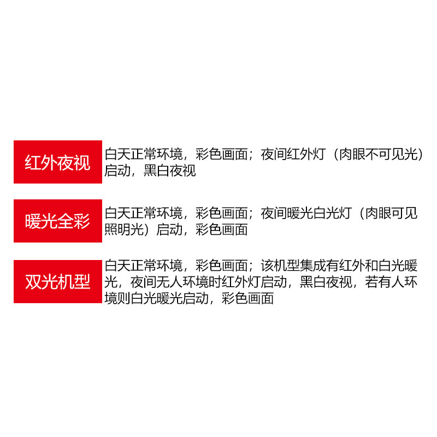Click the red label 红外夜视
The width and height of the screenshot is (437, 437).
[58, 162]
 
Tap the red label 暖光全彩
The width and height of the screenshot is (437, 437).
[58, 221]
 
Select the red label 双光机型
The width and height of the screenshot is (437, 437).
[58, 281]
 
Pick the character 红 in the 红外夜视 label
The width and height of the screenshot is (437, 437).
[33, 162]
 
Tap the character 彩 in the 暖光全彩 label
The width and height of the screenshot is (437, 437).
[82, 221]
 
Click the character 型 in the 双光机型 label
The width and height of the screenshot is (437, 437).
[82, 281]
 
